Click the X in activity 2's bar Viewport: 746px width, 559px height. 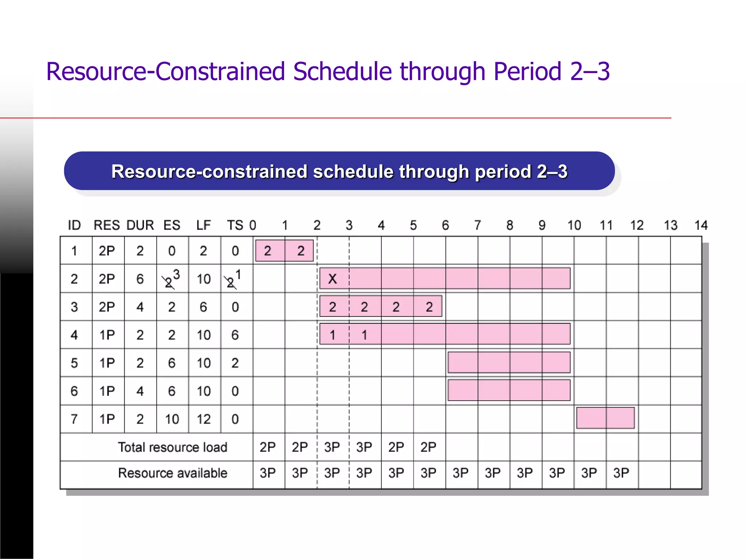[x=332, y=279]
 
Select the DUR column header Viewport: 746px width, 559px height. [x=140, y=225]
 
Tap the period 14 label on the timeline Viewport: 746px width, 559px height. [x=700, y=225]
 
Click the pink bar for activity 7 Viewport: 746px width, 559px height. [x=605, y=418]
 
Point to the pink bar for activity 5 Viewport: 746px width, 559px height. [x=509, y=362]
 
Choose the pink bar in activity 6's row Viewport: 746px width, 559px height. [x=509, y=390]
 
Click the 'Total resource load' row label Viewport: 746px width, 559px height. [x=172, y=447]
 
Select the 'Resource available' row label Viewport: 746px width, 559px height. [x=172, y=473]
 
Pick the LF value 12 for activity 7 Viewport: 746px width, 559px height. [x=203, y=419]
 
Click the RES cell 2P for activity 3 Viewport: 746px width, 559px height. [x=107, y=307]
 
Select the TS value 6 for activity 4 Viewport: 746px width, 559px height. [x=235, y=335]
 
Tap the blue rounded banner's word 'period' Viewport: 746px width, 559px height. [x=503, y=172]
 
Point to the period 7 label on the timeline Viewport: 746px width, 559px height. [x=478, y=225]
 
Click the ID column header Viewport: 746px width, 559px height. [x=74, y=225]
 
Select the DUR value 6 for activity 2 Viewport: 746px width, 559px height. [x=140, y=279]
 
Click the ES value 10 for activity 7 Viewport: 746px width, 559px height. [x=172, y=419]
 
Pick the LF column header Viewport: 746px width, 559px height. [x=203, y=225]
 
